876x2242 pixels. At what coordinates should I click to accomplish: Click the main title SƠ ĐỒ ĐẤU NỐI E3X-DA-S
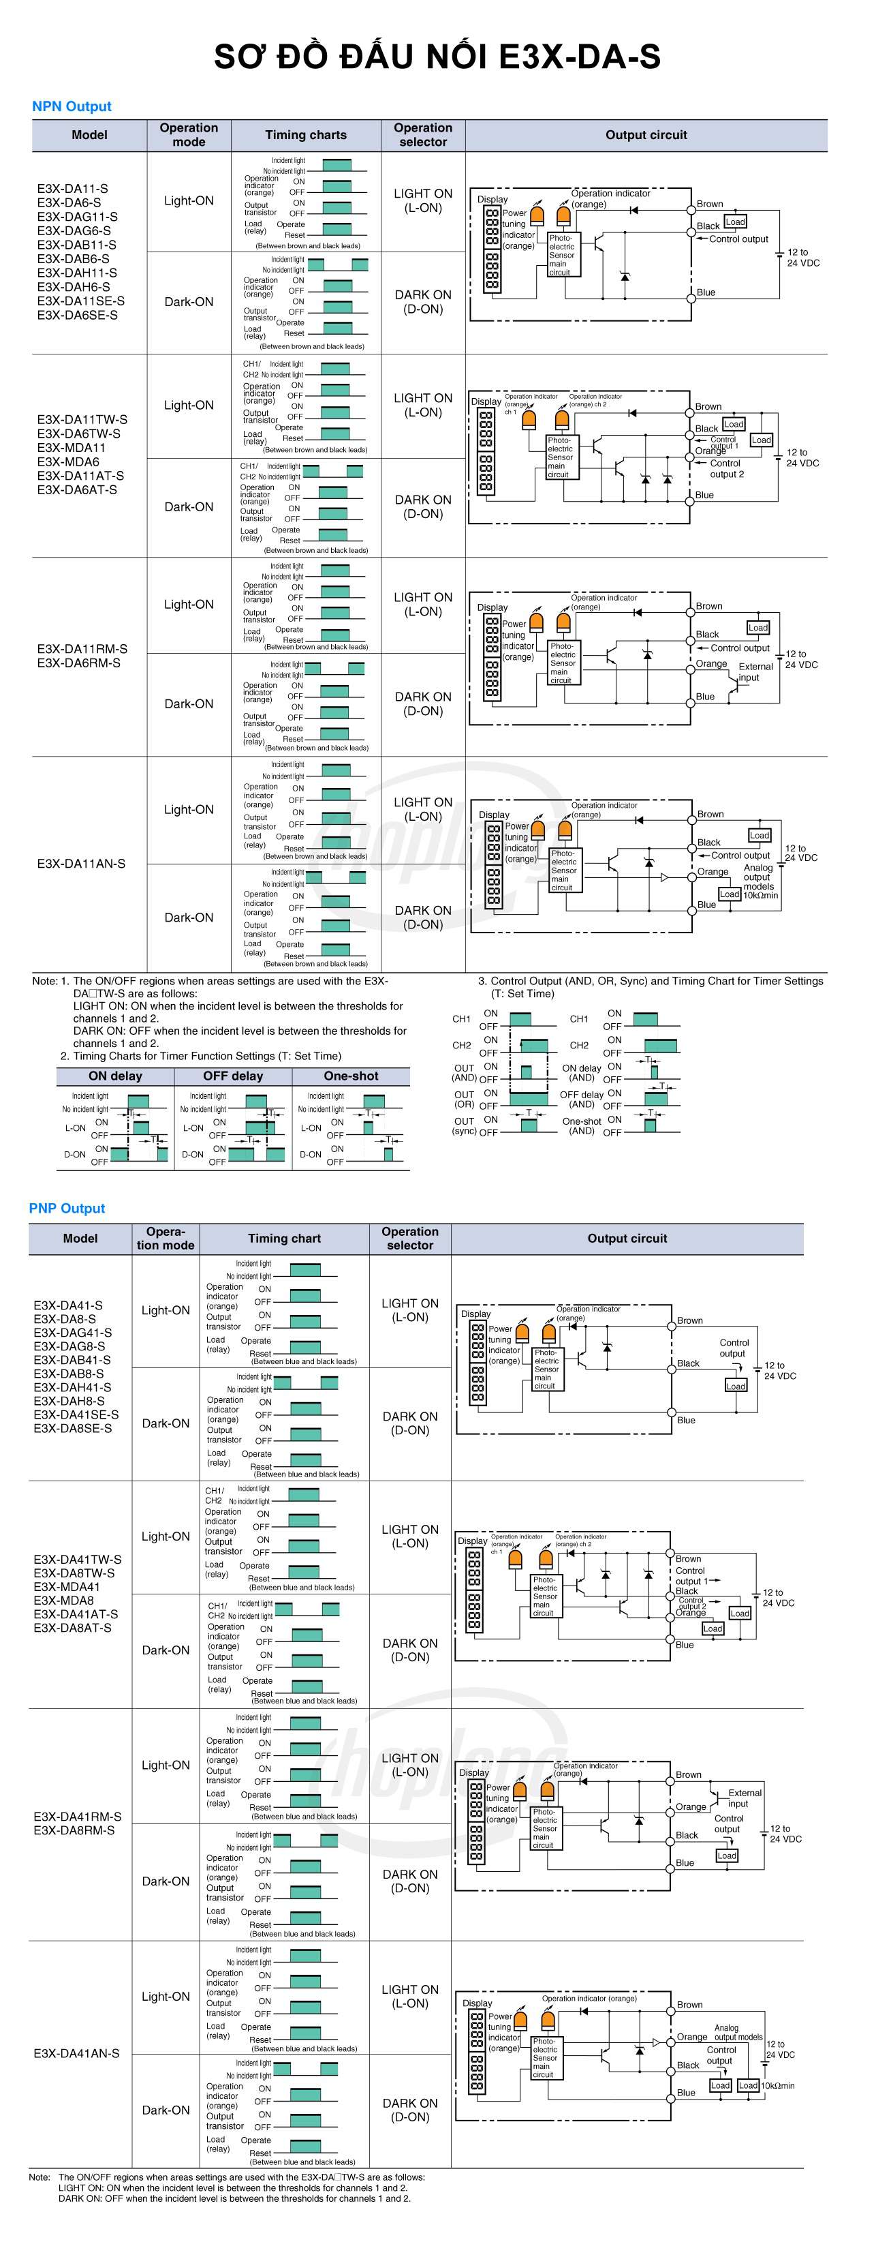point(437,57)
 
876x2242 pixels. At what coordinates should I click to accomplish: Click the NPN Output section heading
point(72,106)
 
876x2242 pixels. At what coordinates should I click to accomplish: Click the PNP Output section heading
point(67,1208)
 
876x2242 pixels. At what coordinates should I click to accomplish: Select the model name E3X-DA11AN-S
point(81,864)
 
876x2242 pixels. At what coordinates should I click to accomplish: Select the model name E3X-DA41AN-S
point(76,2053)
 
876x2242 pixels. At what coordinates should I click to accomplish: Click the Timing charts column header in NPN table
point(305,135)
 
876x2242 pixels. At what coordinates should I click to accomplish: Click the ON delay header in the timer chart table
point(115,1076)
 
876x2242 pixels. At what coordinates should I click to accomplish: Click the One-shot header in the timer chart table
point(351,1076)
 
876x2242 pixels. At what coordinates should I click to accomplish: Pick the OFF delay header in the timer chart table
point(233,1076)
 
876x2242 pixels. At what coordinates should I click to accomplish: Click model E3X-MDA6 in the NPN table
point(68,461)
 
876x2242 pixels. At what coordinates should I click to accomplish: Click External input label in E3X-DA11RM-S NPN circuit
point(755,672)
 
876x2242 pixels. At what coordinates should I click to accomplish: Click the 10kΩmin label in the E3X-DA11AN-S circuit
point(760,895)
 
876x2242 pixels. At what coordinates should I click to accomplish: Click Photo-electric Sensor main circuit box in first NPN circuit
point(561,255)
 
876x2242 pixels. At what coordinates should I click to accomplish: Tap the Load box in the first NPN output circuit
point(735,222)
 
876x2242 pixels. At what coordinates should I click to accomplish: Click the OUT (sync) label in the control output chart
point(465,1126)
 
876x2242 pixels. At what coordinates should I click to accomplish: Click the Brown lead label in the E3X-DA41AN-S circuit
point(690,2004)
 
